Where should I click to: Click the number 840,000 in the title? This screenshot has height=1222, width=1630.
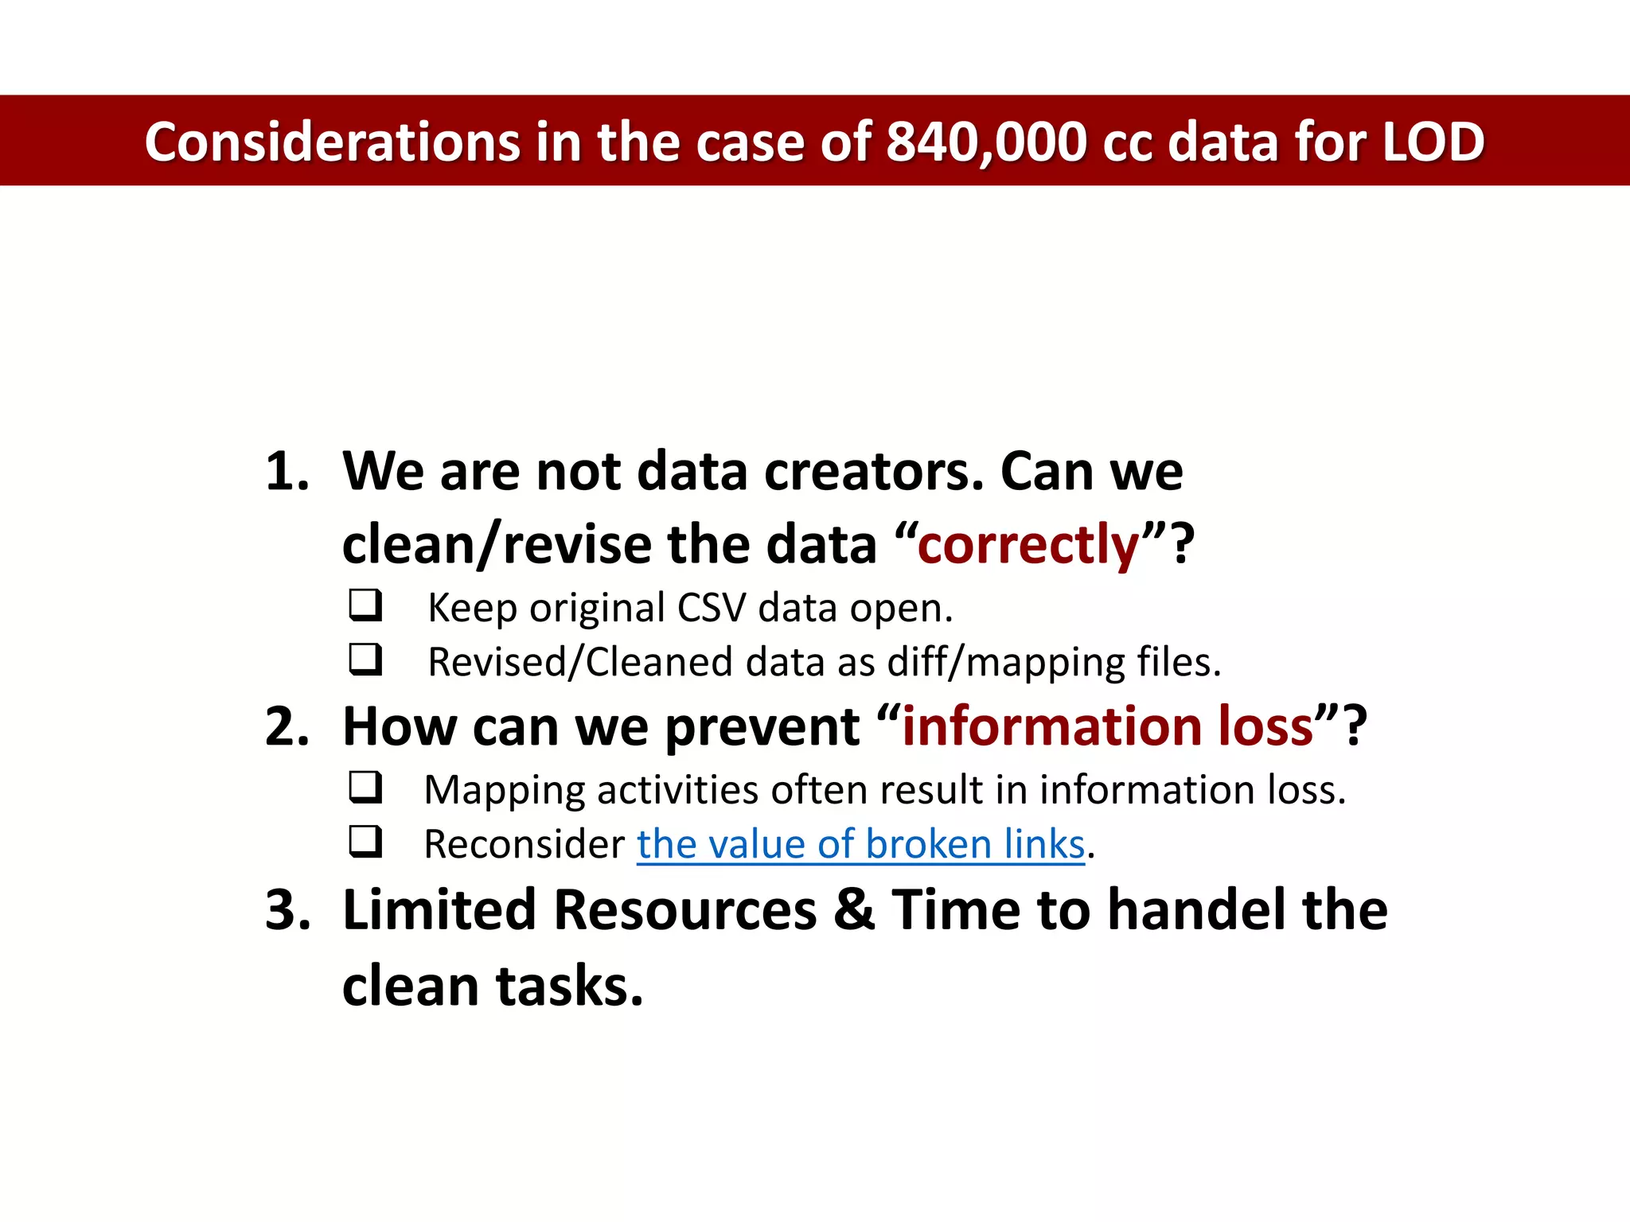[985, 142]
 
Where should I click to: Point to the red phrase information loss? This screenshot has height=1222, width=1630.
[1107, 726]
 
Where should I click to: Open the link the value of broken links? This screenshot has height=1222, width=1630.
[860, 844]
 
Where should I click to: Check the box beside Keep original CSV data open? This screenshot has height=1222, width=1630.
[365, 605]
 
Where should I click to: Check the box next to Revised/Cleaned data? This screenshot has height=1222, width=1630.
[365, 660]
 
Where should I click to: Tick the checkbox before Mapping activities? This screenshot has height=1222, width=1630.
[365, 788]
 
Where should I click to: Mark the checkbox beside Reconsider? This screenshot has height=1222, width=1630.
[365, 842]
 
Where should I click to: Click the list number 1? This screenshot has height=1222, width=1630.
[286, 471]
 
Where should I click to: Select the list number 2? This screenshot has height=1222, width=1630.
[286, 726]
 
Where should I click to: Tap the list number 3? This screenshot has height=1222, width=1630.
[286, 909]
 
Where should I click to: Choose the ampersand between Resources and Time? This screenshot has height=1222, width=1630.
[854, 909]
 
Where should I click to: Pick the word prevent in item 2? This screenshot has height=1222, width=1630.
[762, 728]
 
